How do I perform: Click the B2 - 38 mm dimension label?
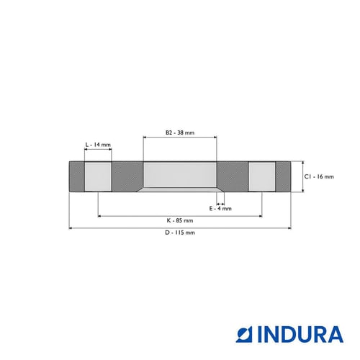(x=180, y=132)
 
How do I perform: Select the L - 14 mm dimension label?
(x=98, y=145)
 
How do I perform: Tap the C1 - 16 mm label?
(x=319, y=176)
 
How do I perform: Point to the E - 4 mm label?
(x=220, y=209)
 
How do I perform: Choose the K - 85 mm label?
(x=180, y=220)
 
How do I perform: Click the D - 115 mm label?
(x=180, y=233)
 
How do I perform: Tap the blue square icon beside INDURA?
(x=244, y=334)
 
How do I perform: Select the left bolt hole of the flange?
(x=98, y=176)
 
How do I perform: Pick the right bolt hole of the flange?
(x=262, y=176)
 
